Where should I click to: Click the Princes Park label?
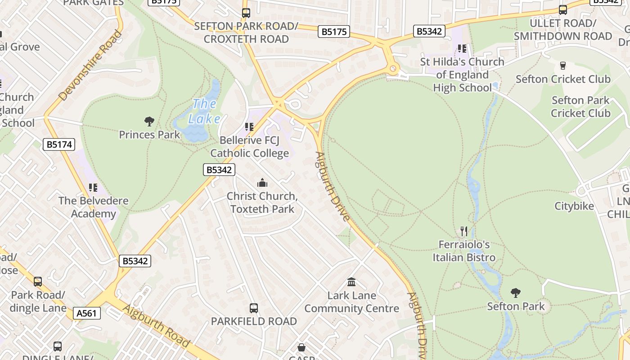point(149,135)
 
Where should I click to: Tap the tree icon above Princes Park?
point(149,121)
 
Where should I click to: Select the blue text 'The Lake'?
point(205,111)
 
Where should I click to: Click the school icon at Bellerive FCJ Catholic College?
point(249,127)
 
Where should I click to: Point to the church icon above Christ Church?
point(262,183)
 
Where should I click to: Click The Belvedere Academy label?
point(93,207)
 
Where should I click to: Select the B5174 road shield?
point(58,144)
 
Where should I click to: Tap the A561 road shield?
point(86,313)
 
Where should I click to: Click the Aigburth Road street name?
point(156,326)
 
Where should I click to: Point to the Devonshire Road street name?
point(90,65)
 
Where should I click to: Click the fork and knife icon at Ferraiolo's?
point(464,231)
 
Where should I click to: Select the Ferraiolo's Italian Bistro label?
point(464,251)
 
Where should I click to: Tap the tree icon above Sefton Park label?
point(516,293)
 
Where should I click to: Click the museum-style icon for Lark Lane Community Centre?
point(351,282)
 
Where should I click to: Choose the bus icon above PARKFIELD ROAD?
point(254,308)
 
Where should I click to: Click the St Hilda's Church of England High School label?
point(462,74)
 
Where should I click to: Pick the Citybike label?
point(574,206)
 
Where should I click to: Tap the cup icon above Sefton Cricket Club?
point(562,66)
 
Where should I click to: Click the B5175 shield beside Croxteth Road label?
point(333,31)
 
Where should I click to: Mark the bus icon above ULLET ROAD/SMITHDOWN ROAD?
point(562,10)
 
